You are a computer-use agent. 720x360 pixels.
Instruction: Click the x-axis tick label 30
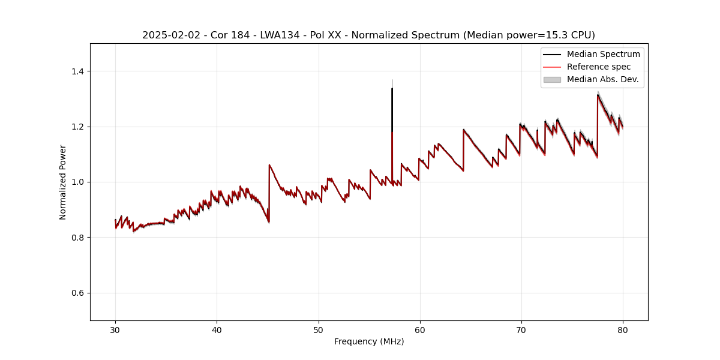point(115,329)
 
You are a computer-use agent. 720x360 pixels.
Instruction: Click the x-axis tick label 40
point(217,329)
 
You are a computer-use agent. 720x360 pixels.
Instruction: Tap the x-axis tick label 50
point(318,329)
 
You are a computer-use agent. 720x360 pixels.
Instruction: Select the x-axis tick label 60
point(420,329)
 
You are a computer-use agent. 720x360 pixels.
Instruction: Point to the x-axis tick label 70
point(521,329)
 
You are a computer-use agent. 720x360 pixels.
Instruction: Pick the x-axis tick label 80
point(623,329)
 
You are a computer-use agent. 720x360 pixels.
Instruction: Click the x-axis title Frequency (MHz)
point(369,341)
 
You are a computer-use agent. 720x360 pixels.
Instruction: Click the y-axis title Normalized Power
point(63,182)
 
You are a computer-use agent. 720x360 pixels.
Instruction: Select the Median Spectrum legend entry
point(603,54)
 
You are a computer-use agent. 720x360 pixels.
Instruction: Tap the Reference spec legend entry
point(599,67)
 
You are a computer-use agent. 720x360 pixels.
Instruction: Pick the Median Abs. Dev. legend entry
point(602,79)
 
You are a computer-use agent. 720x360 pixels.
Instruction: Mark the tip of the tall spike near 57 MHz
point(392,88)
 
